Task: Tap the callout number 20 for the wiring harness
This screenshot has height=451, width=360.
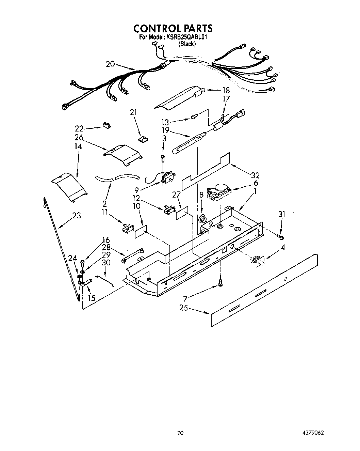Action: [110, 64]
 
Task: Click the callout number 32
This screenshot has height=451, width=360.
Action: [255, 175]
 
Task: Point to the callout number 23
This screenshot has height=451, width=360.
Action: [76, 216]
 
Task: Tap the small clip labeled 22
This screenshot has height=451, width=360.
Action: [106, 125]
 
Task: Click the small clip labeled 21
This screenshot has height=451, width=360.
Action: [143, 139]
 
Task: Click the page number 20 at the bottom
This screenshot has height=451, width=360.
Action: [180, 433]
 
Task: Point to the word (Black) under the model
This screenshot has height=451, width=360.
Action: [187, 44]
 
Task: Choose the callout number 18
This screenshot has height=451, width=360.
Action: [226, 91]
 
